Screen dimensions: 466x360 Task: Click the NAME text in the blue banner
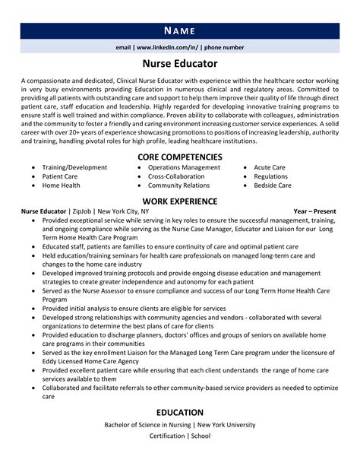pos(179,30)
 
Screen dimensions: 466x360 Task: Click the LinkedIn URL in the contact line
pos(164,47)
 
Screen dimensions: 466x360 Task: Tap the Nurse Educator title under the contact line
pos(179,64)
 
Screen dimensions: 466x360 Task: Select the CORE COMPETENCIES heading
pos(179,157)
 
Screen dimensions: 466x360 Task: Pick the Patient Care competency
pos(60,176)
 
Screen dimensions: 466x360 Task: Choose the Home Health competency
pos(61,185)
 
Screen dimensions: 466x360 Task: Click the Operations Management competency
pos(184,166)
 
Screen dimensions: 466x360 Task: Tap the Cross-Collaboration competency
pos(176,176)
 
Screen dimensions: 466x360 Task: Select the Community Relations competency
pos(180,185)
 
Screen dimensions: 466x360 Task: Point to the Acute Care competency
pos(270,166)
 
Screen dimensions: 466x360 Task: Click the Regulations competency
pos(270,176)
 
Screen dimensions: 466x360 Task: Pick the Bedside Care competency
pos(273,185)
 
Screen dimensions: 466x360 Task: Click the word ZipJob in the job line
pos(82,211)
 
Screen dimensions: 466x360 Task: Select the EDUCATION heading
pos(179,413)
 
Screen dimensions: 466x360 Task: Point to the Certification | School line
pos(179,436)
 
